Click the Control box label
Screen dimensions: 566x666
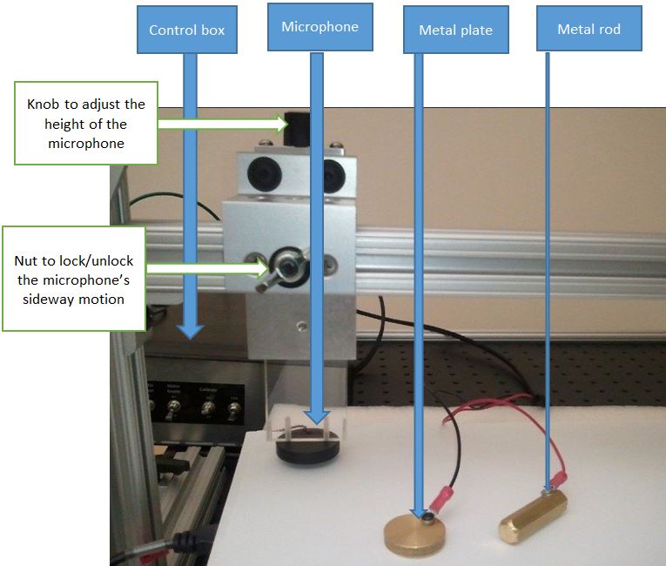pos(186,30)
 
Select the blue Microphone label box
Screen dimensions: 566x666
pos(320,27)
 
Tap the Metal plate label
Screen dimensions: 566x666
pos(455,30)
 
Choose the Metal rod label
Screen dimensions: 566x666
pos(589,30)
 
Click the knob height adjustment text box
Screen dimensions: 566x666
pos(85,124)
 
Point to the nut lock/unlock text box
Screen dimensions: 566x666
pos(73,279)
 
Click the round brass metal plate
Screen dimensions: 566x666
pos(423,534)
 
